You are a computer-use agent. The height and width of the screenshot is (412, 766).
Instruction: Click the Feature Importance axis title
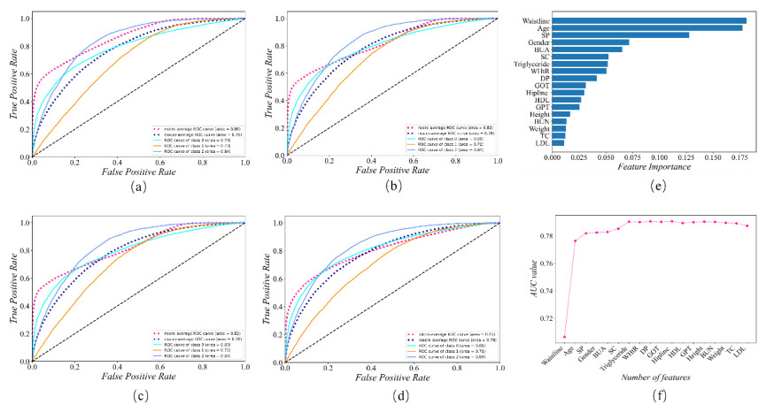[x=651, y=167]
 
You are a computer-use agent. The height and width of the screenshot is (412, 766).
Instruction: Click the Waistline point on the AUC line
[x=564, y=337]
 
